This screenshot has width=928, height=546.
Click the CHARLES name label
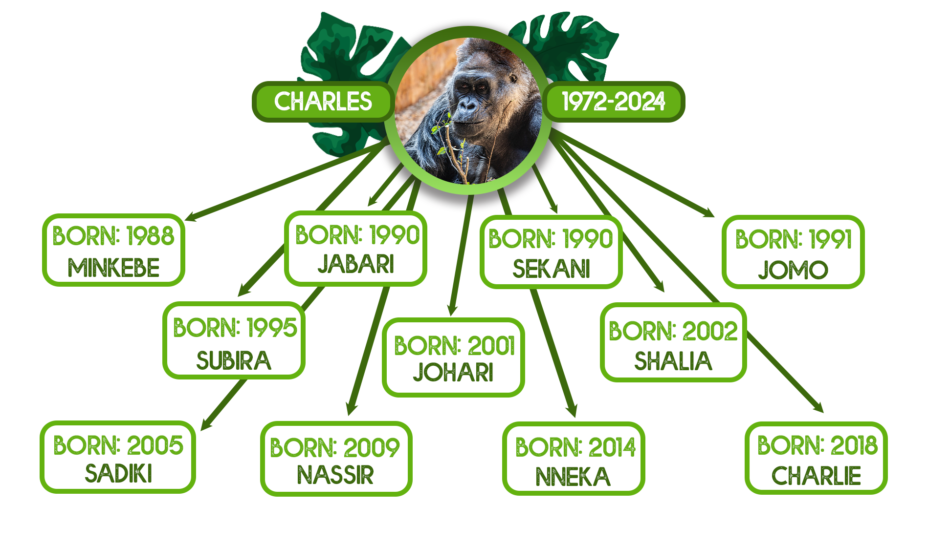323,102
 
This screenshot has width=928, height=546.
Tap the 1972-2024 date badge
614,102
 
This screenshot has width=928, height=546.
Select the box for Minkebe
113,250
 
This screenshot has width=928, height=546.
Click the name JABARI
356,264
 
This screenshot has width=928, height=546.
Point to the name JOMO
793,270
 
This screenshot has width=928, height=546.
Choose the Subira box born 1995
234,340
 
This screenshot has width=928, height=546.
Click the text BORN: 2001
455,346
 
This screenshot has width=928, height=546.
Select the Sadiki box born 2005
118,457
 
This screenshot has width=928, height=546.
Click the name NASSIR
335,475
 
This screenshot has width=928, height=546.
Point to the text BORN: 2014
575,447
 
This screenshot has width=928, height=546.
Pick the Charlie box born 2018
816,458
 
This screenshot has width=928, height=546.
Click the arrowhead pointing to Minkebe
192,216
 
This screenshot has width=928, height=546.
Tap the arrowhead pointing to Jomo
708,212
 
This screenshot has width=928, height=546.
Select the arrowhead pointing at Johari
452,309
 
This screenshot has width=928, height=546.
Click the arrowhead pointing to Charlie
818,407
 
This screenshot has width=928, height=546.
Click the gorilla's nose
468,104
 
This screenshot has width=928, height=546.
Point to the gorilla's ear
513,78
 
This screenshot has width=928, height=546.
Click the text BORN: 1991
794,239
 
